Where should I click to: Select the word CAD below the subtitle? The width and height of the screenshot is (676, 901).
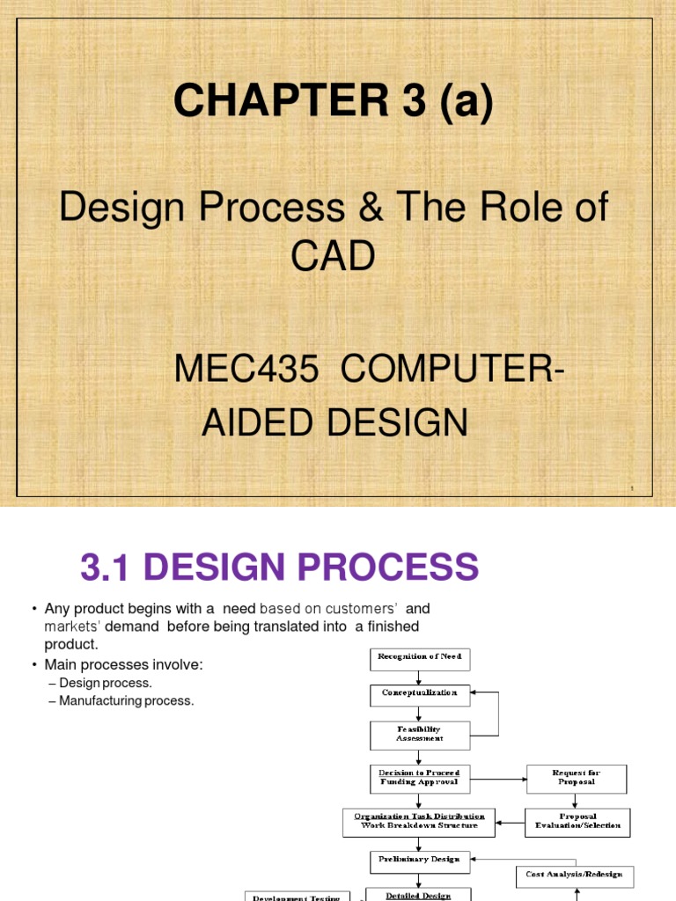[x=333, y=257]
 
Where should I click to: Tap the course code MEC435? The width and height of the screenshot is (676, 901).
[x=246, y=370]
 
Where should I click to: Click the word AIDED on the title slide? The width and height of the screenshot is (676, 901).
[x=259, y=423]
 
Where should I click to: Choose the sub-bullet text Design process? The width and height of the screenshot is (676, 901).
[x=106, y=683]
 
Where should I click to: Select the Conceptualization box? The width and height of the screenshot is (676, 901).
[x=420, y=695]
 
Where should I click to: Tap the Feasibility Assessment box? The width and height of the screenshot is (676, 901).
[x=420, y=734]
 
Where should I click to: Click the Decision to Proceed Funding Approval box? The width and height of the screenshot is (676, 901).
[x=420, y=778]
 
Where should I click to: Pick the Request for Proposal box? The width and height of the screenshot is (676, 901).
[x=577, y=779]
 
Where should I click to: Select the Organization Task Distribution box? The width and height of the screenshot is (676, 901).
[x=419, y=822]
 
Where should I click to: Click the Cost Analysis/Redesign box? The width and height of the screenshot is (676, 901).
[x=575, y=875]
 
